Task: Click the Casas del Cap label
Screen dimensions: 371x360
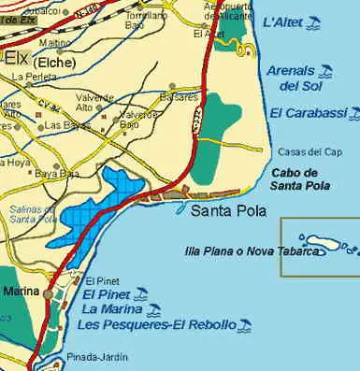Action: pyautogui.click(x=303, y=151)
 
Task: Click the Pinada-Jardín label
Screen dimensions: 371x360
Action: pyautogui.click(x=98, y=356)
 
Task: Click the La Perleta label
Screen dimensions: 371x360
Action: pyautogui.click(x=30, y=77)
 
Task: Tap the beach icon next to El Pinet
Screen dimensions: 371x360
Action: pyautogui.click(x=141, y=293)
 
